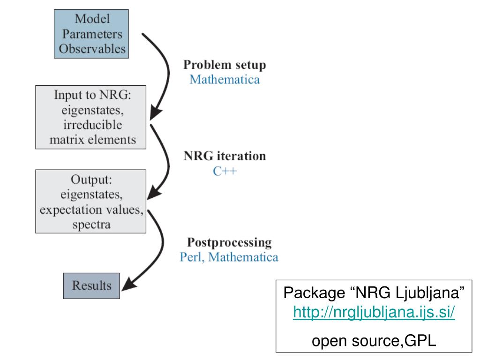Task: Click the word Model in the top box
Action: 92,19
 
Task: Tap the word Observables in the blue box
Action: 92,49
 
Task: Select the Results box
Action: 91,285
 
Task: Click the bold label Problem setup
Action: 225,65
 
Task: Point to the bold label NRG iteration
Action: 225,156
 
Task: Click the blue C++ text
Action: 225,171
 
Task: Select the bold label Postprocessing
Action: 229,243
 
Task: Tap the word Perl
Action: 192,257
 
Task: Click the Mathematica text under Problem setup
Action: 225,80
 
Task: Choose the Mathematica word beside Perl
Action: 243,257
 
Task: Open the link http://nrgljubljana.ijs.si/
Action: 374,312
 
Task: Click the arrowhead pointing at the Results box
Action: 128,284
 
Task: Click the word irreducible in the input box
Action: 92,125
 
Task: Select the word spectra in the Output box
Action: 91,225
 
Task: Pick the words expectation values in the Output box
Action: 91,210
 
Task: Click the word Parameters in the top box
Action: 92,34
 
